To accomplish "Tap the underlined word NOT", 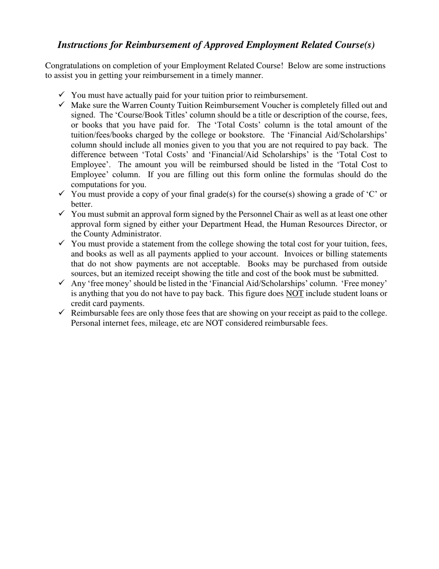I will click(x=295, y=294).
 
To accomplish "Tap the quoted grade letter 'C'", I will click(x=372, y=194).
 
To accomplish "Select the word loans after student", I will click(x=366, y=294).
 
